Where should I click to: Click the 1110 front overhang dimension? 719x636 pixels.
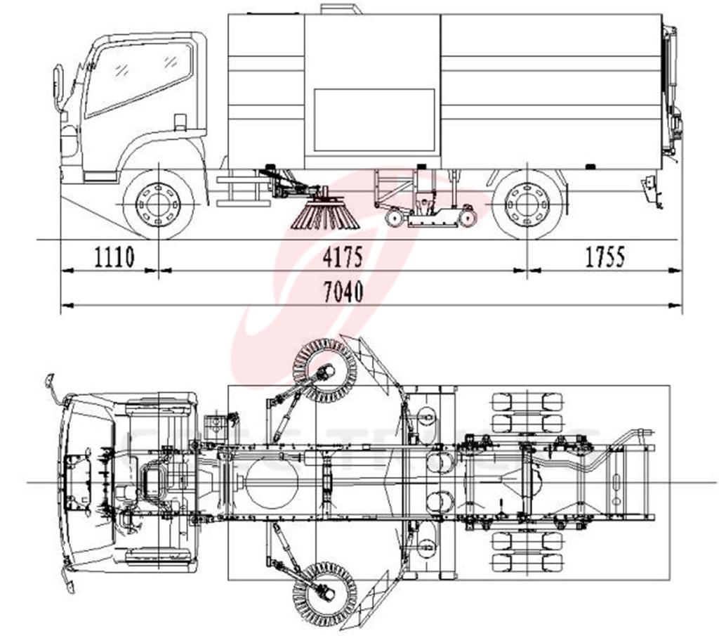pos(114,257)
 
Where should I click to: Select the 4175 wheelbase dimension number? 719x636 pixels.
pos(343,257)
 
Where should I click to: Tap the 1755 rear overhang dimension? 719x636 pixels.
pos(605,257)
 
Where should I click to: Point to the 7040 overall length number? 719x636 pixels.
pos(343,292)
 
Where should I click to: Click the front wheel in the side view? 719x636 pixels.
pos(159,204)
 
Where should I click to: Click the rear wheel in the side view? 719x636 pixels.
pos(527,204)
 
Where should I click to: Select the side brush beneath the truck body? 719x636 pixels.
pos(325,215)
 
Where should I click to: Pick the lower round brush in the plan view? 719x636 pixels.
pos(324,593)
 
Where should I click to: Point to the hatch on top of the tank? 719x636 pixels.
pos(341,9)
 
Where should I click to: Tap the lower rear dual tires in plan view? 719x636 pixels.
pos(527,552)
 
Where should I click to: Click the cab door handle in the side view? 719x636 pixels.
pos(180,121)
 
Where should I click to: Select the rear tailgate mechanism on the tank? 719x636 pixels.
pos(671,91)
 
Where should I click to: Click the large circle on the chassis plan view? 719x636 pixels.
pos(272,483)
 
